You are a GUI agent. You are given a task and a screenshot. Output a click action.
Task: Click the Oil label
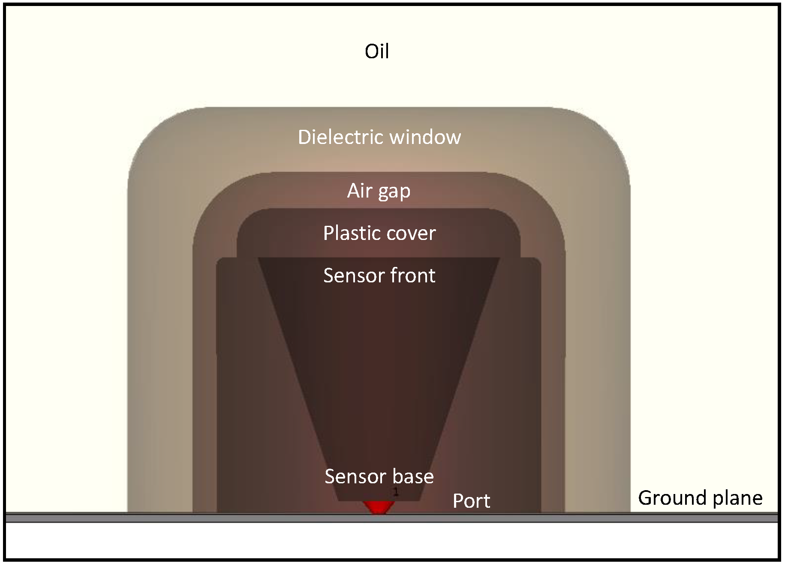pyautogui.click(x=377, y=51)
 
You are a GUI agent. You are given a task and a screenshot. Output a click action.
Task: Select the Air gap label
pyautogui.click(x=379, y=191)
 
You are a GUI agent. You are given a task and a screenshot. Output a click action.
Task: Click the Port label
pyautogui.click(x=471, y=501)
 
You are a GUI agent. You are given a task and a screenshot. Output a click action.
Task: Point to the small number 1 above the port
pyautogui.click(x=396, y=493)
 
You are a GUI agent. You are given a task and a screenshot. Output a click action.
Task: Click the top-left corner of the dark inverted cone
pyautogui.click(x=259, y=258)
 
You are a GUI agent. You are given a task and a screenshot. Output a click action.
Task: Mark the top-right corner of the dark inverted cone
pyautogui.click(x=499, y=258)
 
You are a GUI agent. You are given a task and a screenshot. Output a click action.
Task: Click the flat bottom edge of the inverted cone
pyautogui.click(x=379, y=500)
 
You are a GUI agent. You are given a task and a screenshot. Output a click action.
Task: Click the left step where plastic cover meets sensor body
pyautogui.click(x=237, y=258)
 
